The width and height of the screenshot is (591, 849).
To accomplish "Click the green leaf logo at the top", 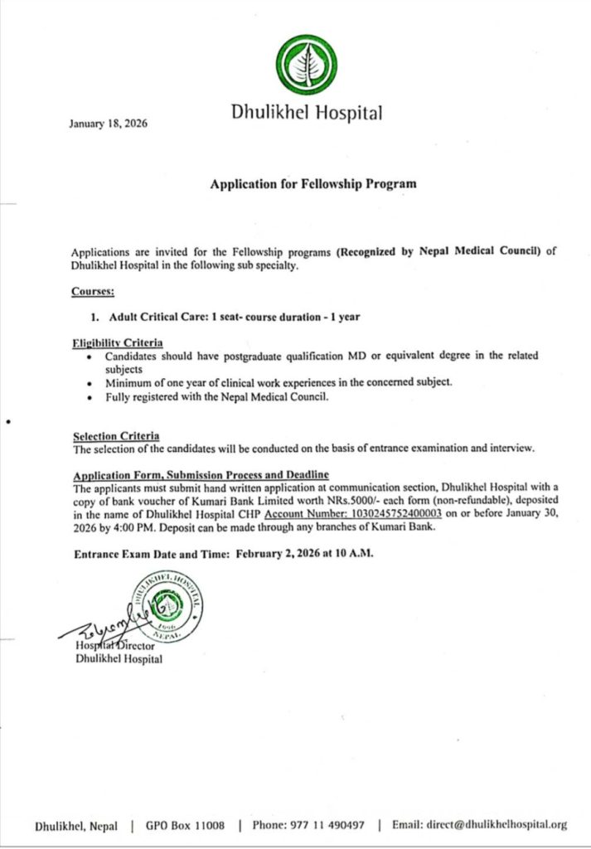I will pyautogui.click(x=307, y=65).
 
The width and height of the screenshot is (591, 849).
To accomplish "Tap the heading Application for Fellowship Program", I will pyautogui.click(x=312, y=184).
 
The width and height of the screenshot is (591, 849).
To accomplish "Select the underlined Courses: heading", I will pyautogui.click(x=92, y=291).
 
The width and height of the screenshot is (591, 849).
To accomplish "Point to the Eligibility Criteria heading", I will pyautogui.click(x=117, y=343).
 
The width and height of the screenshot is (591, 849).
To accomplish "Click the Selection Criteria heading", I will pyautogui.click(x=116, y=436).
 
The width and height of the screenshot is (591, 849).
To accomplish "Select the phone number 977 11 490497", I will pyautogui.click(x=328, y=825).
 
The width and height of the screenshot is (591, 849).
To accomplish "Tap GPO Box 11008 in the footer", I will pyautogui.click(x=185, y=825).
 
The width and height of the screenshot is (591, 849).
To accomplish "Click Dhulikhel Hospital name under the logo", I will pyautogui.click(x=307, y=114).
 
